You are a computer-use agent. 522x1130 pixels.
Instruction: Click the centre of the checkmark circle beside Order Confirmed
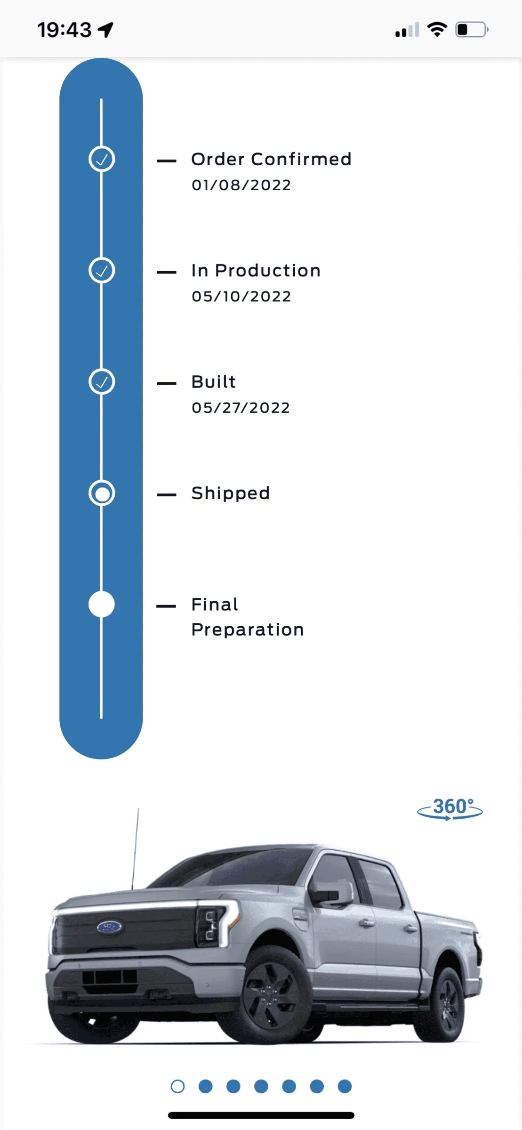tap(102, 159)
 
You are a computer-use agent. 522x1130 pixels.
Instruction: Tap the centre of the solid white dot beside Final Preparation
tap(102, 604)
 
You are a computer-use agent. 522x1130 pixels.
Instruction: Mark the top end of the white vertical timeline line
tap(101, 99)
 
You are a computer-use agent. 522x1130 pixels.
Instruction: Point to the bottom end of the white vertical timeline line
tap(101, 718)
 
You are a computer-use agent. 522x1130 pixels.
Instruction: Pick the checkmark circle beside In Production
tap(102, 270)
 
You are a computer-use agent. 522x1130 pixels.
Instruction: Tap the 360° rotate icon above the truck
tap(450, 808)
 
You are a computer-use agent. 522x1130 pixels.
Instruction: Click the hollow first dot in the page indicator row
tap(177, 1087)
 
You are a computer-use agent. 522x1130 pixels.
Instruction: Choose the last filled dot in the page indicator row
tap(345, 1086)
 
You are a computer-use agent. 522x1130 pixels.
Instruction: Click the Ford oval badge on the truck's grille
tap(110, 927)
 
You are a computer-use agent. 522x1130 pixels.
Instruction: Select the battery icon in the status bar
tap(472, 30)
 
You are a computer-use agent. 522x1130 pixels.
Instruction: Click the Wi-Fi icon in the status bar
tap(437, 29)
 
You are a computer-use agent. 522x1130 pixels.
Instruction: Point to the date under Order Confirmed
tap(241, 185)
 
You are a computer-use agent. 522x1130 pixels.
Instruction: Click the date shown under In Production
tap(241, 297)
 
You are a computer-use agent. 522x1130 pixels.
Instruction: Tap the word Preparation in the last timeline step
tap(248, 630)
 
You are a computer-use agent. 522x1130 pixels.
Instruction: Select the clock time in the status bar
tap(64, 30)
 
